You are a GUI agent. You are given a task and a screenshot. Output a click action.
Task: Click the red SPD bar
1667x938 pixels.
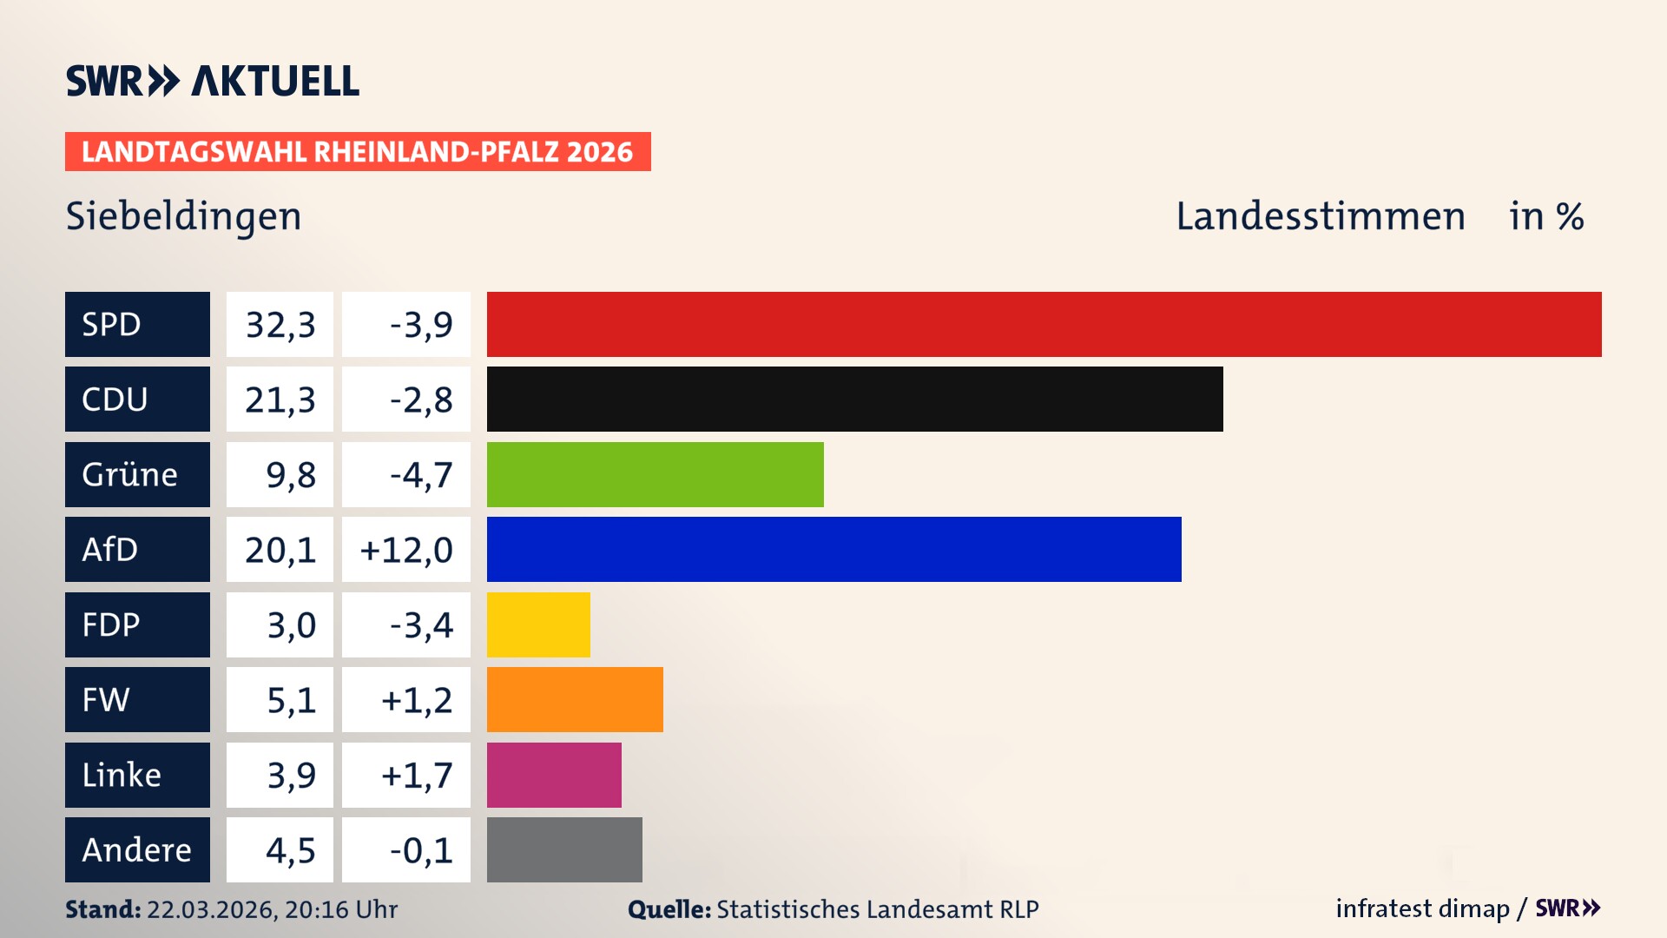1044,324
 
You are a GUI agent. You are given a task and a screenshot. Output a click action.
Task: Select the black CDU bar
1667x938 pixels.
854,399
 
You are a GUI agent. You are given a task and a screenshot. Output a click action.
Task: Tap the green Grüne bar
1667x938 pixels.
655,474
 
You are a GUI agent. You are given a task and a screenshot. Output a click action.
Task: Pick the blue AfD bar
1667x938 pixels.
833,549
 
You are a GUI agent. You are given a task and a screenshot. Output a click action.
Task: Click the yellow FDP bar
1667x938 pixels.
538,624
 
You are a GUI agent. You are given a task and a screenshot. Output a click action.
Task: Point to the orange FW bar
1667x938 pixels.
575,699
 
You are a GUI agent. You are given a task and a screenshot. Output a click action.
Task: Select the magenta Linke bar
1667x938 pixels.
554,775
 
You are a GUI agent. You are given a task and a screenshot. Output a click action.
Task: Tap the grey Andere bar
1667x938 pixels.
564,849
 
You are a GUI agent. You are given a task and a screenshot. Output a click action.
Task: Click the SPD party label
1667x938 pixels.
137,324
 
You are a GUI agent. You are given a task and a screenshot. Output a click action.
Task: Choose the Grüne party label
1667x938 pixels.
137,474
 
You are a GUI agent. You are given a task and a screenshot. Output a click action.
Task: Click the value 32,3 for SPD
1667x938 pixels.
280,324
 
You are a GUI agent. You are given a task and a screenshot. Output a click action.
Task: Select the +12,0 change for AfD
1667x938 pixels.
405,549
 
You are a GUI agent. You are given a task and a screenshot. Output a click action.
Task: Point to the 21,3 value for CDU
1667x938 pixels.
280,399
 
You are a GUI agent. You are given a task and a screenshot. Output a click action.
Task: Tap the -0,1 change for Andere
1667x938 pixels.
420,849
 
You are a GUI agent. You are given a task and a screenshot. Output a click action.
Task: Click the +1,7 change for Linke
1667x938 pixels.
417,775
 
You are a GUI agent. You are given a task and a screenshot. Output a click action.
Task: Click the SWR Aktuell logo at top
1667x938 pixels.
213,81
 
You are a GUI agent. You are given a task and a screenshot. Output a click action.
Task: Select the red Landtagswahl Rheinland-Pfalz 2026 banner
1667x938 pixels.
358,152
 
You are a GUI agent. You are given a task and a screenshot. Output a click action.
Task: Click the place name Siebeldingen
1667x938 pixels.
184,216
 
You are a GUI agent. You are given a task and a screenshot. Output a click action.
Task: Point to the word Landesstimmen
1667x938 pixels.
1320,216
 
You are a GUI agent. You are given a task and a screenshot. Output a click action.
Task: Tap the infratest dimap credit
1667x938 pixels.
1422,908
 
